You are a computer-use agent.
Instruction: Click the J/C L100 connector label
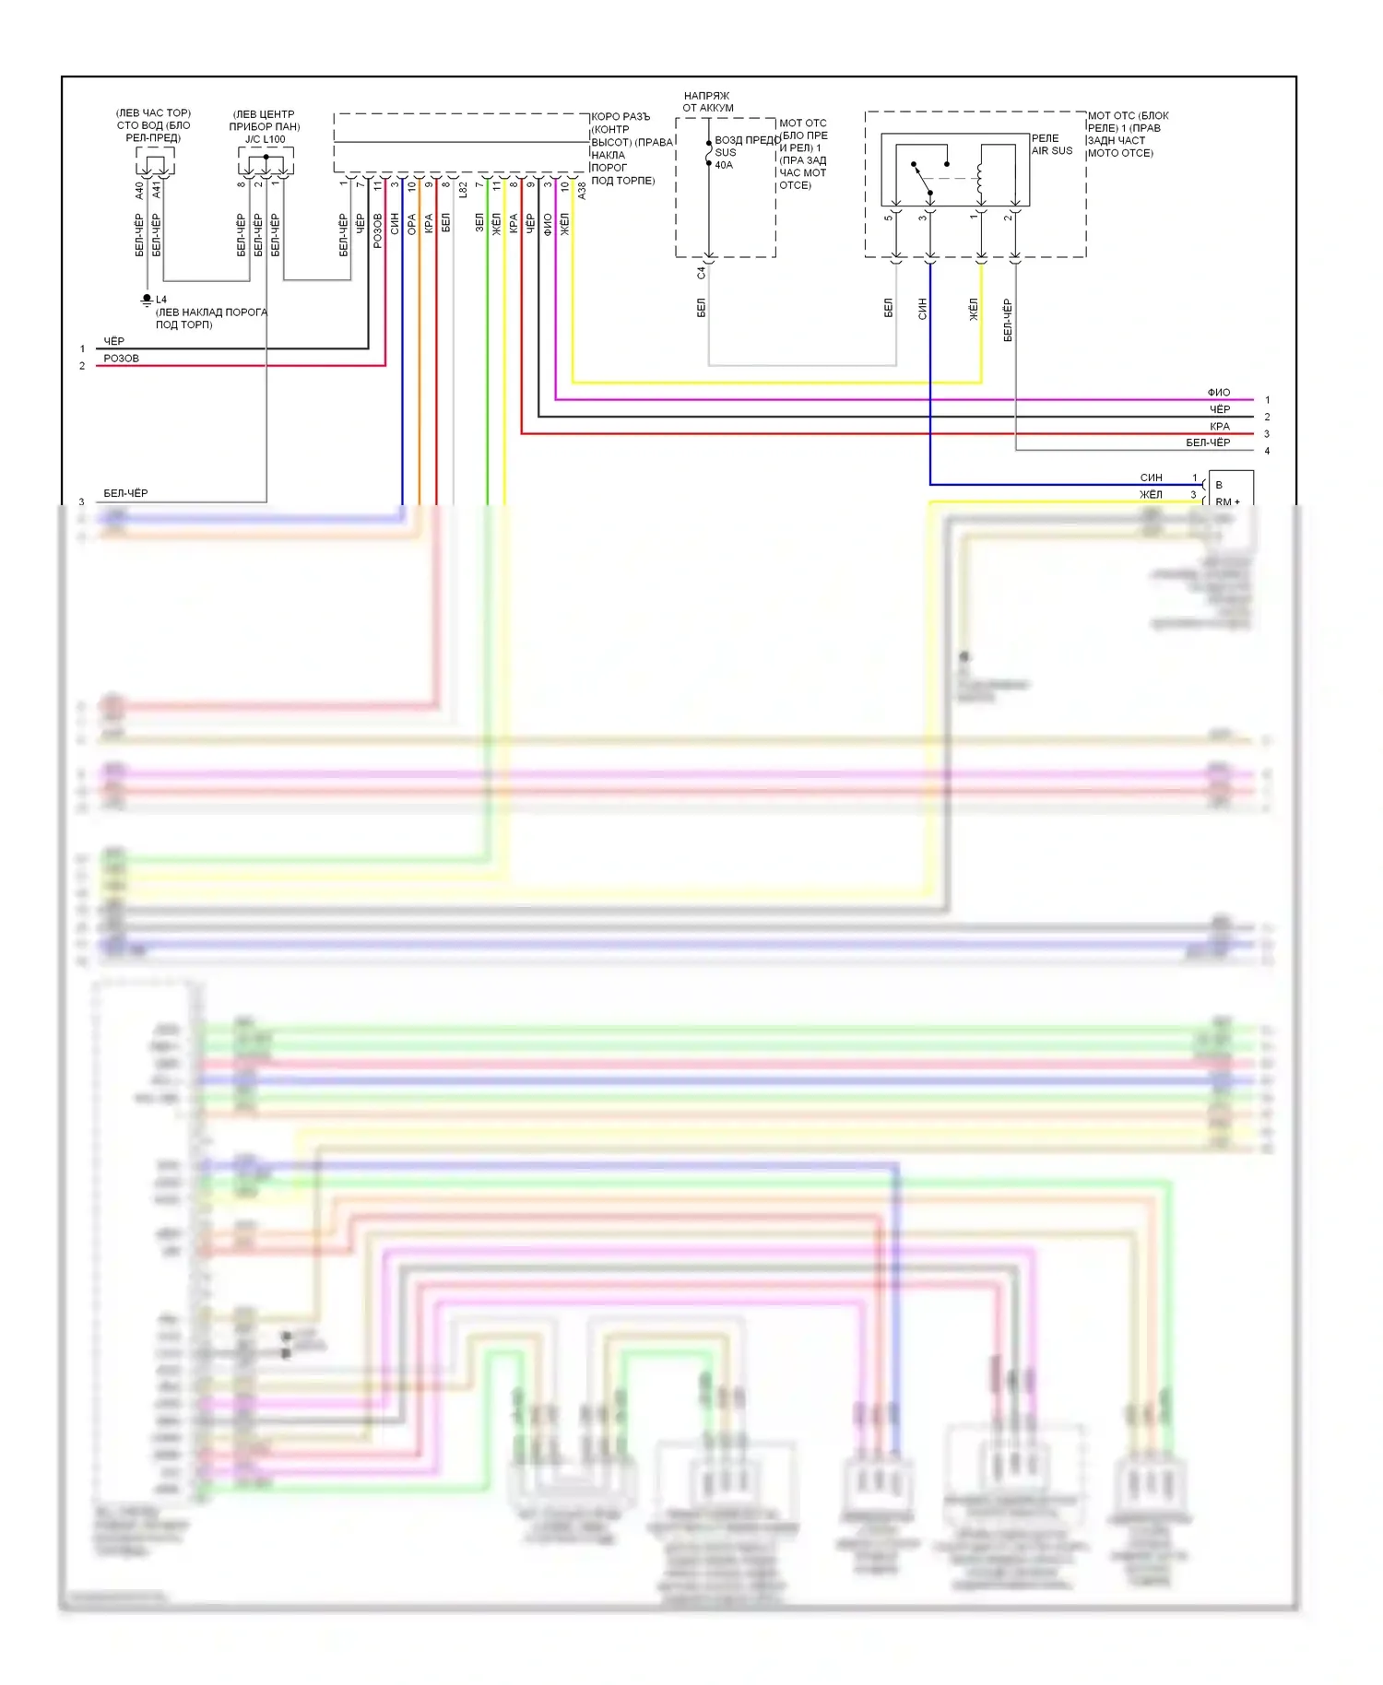coord(265,139)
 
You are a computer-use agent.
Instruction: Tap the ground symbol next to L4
coord(147,300)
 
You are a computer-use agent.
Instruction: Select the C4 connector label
coord(701,273)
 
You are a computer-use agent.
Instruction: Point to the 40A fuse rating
coord(724,165)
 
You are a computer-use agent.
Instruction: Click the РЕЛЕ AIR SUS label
coord(1051,145)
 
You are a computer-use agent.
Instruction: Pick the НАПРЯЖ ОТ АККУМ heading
coord(707,101)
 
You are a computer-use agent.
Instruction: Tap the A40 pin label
coord(139,190)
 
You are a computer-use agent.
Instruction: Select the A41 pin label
coord(157,190)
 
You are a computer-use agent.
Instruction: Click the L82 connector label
coord(463,190)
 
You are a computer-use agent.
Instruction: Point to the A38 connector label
coord(582,191)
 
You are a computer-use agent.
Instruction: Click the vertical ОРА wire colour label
coord(412,224)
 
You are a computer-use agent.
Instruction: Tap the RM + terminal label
coord(1227,501)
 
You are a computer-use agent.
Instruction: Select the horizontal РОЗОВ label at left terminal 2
coord(121,359)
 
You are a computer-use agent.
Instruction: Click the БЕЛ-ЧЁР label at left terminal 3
coord(125,493)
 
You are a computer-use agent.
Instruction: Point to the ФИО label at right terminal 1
coord(1219,393)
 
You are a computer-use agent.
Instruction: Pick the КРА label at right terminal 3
coord(1220,427)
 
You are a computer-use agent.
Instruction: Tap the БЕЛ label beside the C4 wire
coord(701,307)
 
